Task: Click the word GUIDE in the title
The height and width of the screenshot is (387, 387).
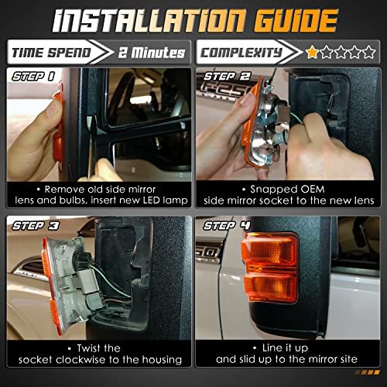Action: tap(296, 20)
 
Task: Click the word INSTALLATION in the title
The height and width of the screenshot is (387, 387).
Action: tap(149, 20)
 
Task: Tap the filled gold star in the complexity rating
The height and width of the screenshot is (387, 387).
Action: tap(312, 52)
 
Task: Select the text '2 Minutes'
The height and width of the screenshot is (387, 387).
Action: tap(152, 53)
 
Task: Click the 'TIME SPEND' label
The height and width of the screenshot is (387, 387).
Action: tap(51, 53)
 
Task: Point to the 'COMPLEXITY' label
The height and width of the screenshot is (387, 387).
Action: tap(241, 53)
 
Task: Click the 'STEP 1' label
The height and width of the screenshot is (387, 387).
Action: tap(33, 77)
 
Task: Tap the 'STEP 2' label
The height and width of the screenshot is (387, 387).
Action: tap(227, 77)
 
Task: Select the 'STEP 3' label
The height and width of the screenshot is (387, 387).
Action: tap(36, 226)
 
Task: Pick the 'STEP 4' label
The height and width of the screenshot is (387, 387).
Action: tap(227, 226)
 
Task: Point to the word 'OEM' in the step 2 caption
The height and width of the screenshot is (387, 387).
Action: tap(313, 190)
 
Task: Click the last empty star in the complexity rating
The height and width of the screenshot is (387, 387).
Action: tap(369, 52)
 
